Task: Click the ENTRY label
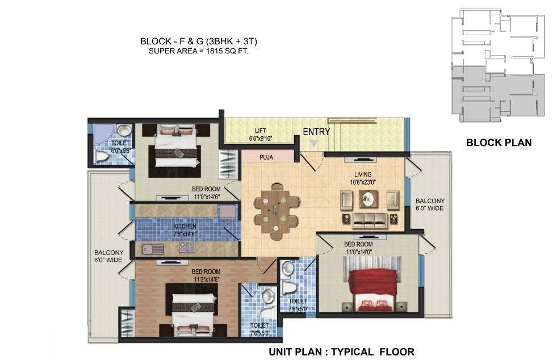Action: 316,132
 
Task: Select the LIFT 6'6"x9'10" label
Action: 261,135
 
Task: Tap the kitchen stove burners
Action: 187,248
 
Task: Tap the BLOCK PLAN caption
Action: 498,143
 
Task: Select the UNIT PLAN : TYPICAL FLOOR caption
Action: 341,351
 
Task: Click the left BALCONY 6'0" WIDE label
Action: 108,256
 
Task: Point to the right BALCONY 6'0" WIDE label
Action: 430,204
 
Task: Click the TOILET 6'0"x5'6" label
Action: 120,147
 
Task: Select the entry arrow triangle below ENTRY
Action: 313,144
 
